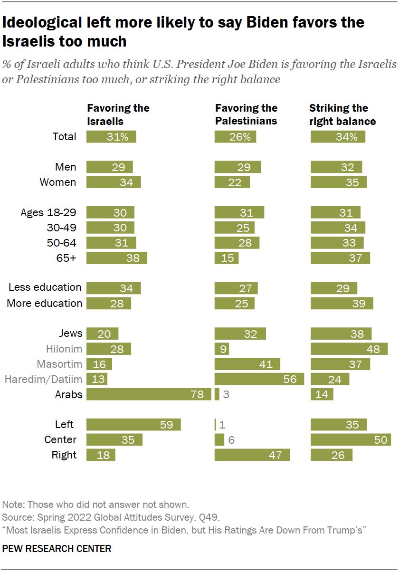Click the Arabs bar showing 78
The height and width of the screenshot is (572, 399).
click(149, 394)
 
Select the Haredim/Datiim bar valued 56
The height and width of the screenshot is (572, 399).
click(259, 379)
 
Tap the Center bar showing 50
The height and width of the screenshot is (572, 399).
click(351, 439)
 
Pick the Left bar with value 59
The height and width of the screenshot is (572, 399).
click(133, 424)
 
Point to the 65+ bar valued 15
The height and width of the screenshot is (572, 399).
click(227, 258)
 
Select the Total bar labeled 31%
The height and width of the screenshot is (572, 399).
click(111, 136)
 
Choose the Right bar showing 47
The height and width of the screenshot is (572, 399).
click(252, 455)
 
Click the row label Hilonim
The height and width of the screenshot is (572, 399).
click(64, 349)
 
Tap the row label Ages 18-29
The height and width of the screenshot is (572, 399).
click(48, 212)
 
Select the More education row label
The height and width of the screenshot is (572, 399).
click(45, 303)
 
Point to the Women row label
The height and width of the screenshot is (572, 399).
click(58, 182)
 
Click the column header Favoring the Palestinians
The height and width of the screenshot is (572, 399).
click(246, 114)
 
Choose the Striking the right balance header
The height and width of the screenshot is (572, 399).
click(342, 114)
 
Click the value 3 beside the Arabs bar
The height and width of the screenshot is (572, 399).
click(226, 394)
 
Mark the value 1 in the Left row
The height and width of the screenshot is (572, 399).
click(222, 425)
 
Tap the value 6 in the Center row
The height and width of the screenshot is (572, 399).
click(231, 440)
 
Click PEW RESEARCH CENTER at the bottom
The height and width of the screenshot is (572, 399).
click(57, 549)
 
